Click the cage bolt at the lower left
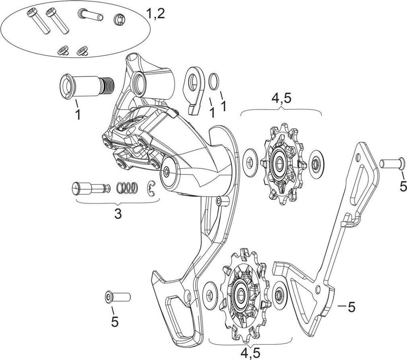(x=118, y=297)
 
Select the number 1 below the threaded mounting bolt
(x=78, y=115)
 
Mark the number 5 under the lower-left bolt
(x=115, y=321)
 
